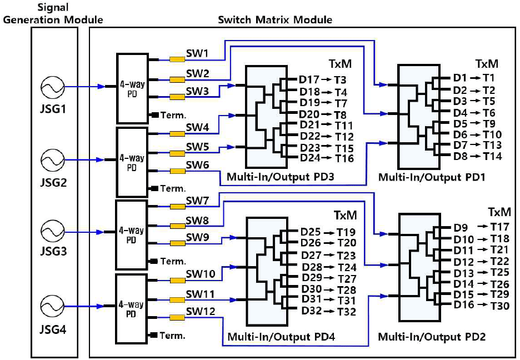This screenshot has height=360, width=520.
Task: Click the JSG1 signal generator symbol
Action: click(54, 87)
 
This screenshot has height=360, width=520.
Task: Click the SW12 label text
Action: click(200, 312)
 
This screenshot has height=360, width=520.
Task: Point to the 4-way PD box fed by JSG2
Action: click(131, 162)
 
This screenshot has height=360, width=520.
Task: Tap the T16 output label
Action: click(344, 159)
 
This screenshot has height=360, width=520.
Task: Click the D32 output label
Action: click(312, 312)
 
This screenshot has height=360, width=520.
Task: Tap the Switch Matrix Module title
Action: click(275, 20)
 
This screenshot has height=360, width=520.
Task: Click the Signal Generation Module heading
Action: click(54, 14)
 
